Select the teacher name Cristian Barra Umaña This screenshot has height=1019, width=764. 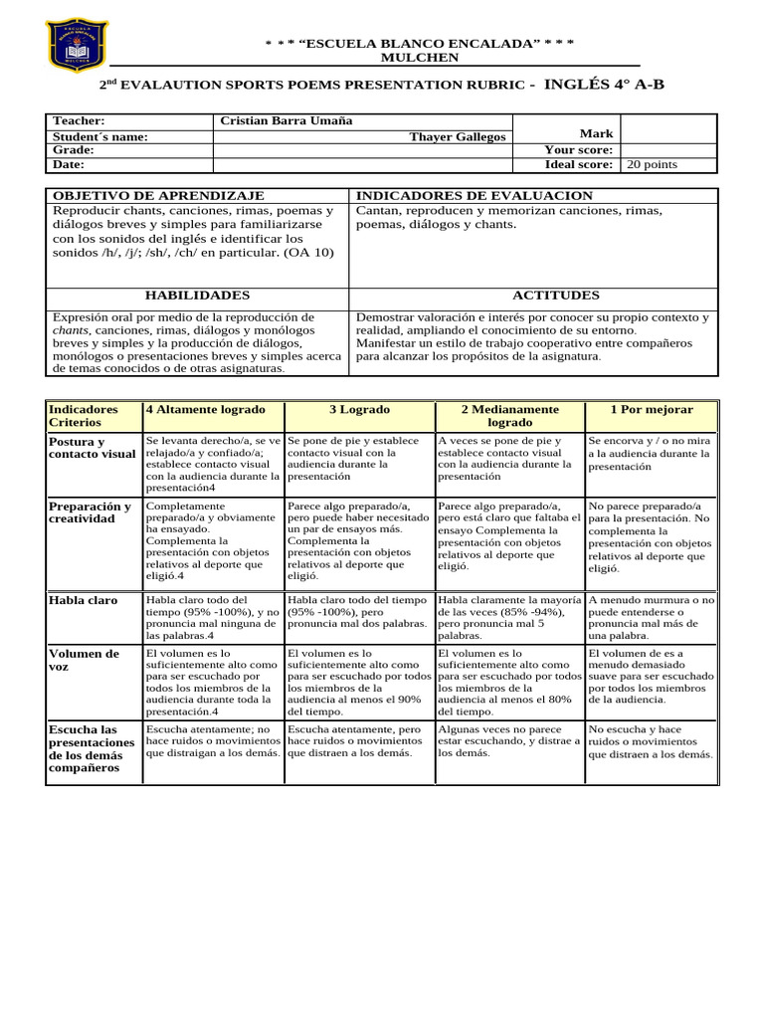(286, 121)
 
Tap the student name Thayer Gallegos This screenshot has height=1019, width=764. (458, 137)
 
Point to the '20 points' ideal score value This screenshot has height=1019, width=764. (651, 165)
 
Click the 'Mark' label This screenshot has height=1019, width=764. (596, 133)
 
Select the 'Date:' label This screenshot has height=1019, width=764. (69, 165)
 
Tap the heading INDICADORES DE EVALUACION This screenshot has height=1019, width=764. (474, 196)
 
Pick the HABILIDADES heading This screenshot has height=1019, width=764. (197, 296)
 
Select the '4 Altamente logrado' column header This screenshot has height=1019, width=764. (206, 410)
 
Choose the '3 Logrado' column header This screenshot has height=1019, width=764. (359, 410)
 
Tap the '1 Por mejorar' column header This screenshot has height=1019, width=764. (652, 410)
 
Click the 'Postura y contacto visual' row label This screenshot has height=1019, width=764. (92, 448)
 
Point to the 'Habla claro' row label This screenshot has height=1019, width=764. (83, 600)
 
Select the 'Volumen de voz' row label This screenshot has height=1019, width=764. (84, 661)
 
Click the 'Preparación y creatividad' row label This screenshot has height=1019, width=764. (90, 512)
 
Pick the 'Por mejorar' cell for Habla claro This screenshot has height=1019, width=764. (651, 617)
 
